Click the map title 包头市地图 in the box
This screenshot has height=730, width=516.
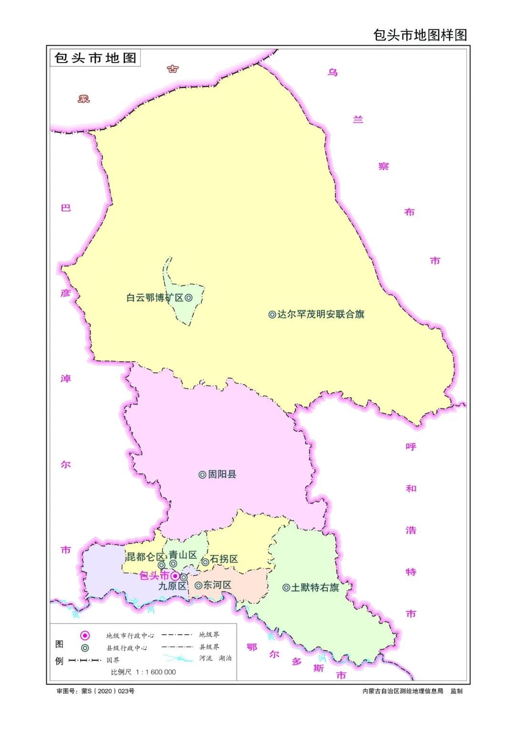[95, 58]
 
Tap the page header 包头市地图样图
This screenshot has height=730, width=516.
[419, 35]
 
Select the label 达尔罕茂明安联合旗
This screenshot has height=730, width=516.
[321, 314]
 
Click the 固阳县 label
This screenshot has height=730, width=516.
[222, 474]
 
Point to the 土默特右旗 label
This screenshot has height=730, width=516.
[315, 587]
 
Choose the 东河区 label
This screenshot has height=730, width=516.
[217, 585]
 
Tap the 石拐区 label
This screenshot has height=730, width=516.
[224, 559]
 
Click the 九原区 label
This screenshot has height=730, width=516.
[172, 586]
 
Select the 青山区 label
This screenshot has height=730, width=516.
[183, 555]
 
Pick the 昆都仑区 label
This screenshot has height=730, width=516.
[145, 557]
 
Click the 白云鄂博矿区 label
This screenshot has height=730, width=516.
[155, 298]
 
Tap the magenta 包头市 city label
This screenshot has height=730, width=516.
[154, 575]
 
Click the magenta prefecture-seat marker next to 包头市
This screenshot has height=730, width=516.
[175, 576]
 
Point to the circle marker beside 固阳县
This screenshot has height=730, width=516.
[203, 475]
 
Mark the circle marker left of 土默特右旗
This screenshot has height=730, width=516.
[286, 587]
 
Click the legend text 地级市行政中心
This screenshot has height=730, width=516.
[130, 636]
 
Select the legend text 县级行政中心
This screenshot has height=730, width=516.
[127, 648]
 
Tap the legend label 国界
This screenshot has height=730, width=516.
[113, 660]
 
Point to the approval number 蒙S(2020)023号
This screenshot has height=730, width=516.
[107, 691]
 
